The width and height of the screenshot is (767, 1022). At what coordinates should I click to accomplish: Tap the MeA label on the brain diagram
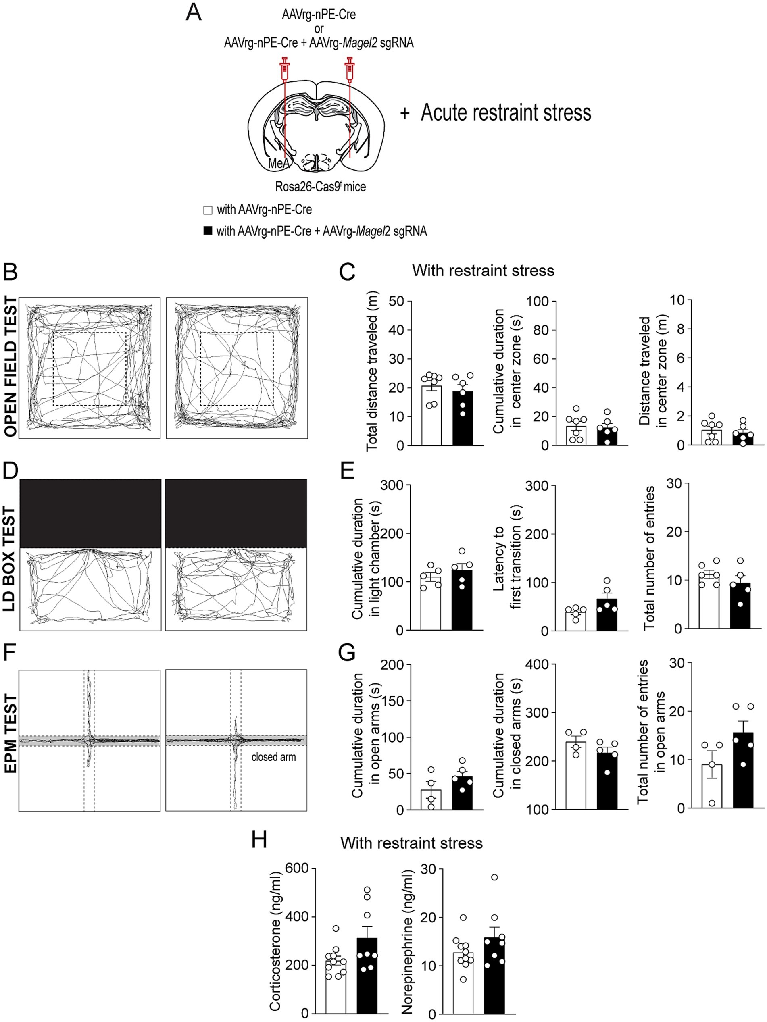[279, 163]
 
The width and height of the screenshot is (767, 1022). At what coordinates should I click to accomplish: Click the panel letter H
[259, 839]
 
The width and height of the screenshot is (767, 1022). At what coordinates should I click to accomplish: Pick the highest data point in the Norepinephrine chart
[494, 877]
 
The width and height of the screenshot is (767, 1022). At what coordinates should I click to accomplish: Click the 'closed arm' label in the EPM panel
[273, 757]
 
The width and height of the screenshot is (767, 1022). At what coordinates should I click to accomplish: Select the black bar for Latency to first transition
[607, 614]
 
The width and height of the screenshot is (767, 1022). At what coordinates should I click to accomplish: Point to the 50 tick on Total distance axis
[396, 301]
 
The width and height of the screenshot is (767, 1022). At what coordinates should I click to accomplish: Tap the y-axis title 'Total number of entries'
[649, 557]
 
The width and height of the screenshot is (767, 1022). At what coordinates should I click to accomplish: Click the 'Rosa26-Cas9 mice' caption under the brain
[320, 187]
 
